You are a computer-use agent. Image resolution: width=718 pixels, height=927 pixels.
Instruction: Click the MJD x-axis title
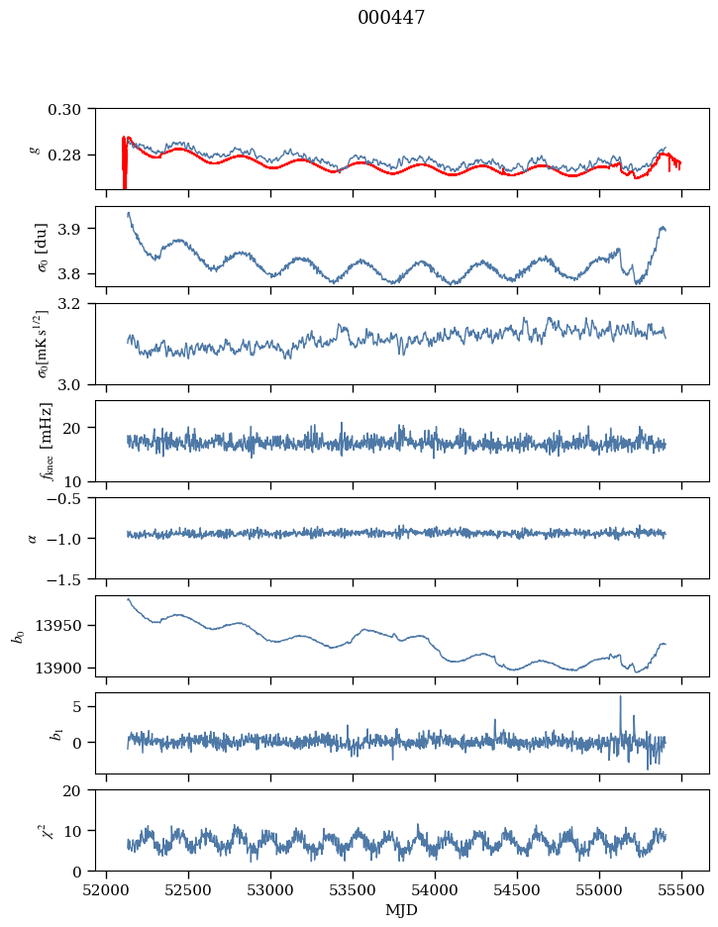pyautogui.click(x=402, y=910)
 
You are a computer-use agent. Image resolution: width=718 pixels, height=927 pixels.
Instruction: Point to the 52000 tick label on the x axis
pyautogui.click(x=108, y=889)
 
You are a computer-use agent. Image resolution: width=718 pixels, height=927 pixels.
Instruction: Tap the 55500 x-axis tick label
pyautogui.click(x=681, y=889)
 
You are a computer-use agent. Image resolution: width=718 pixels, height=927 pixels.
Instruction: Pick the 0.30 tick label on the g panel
pyautogui.click(x=70, y=108)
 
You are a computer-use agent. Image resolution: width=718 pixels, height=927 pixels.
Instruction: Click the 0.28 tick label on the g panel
pyautogui.click(x=70, y=155)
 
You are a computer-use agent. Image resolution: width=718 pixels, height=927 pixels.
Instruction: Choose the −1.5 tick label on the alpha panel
pyautogui.click(x=70, y=578)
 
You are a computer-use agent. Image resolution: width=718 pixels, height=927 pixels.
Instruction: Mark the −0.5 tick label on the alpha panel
pyautogui.click(x=70, y=498)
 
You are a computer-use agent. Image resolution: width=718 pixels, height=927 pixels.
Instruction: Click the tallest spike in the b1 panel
pyautogui.click(x=621, y=697)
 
